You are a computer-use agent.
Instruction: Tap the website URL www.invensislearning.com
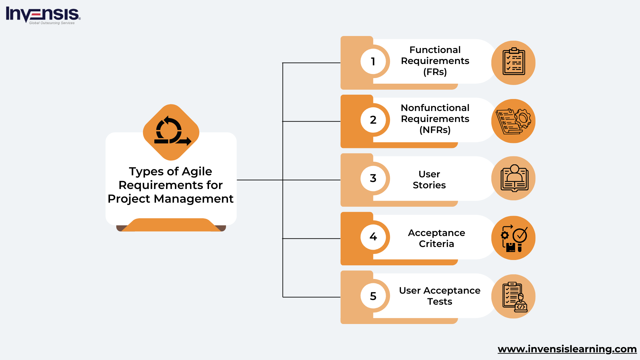(567, 349)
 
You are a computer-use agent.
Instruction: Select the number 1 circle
(373, 61)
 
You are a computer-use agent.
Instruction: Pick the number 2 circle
(373, 120)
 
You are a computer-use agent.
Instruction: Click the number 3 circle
(373, 178)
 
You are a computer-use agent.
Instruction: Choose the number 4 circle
(373, 237)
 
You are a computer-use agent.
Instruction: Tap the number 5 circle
(373, 296)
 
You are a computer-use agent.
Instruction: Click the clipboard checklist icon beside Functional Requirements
(513, 63)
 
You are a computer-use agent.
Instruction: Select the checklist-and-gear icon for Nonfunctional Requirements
(513, 121)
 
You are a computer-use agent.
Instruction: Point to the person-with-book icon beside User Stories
(514, 178)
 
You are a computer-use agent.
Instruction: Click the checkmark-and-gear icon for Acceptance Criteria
(514, 238)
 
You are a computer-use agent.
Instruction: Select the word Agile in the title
(197, 171)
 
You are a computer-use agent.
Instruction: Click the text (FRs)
(435, 72)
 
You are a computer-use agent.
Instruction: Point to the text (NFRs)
(435, 130)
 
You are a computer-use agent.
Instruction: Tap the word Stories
(429, 185)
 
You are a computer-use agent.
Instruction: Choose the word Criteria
(436, 244)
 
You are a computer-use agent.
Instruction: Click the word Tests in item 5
(440, 302)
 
